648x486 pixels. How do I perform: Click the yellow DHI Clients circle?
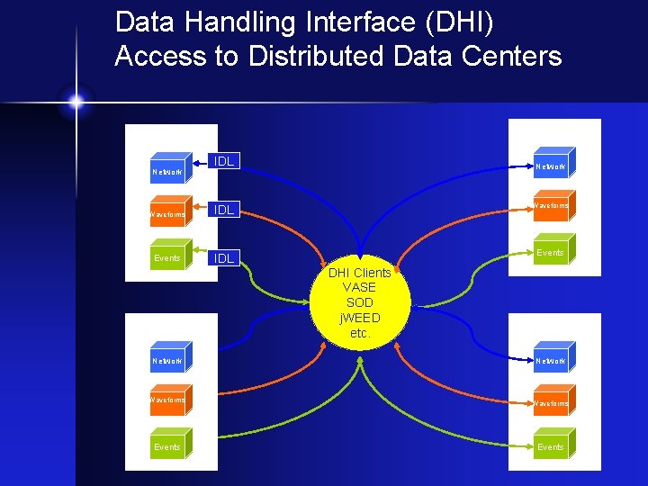click(360, 302)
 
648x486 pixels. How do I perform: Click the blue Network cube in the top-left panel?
click(168, 168)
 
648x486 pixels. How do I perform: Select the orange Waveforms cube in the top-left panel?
click(168, 212)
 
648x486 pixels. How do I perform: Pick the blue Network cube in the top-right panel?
click(551, 164)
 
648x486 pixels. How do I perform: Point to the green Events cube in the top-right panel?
click(551, 250)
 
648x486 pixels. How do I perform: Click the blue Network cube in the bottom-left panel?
click(168, 359)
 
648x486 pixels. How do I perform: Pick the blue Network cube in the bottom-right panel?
click(551, 359)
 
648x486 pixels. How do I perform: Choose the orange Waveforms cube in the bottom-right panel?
click(551, 401)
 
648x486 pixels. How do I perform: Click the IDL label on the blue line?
click(223, 161)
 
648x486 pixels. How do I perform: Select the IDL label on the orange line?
click(223, 210)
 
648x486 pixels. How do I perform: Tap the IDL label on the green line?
click(223, 258)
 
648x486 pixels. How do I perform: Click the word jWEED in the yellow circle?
click(360, 318)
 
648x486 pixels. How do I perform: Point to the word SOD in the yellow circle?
click(360, 302)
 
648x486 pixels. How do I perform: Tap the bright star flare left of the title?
click(76, 102)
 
